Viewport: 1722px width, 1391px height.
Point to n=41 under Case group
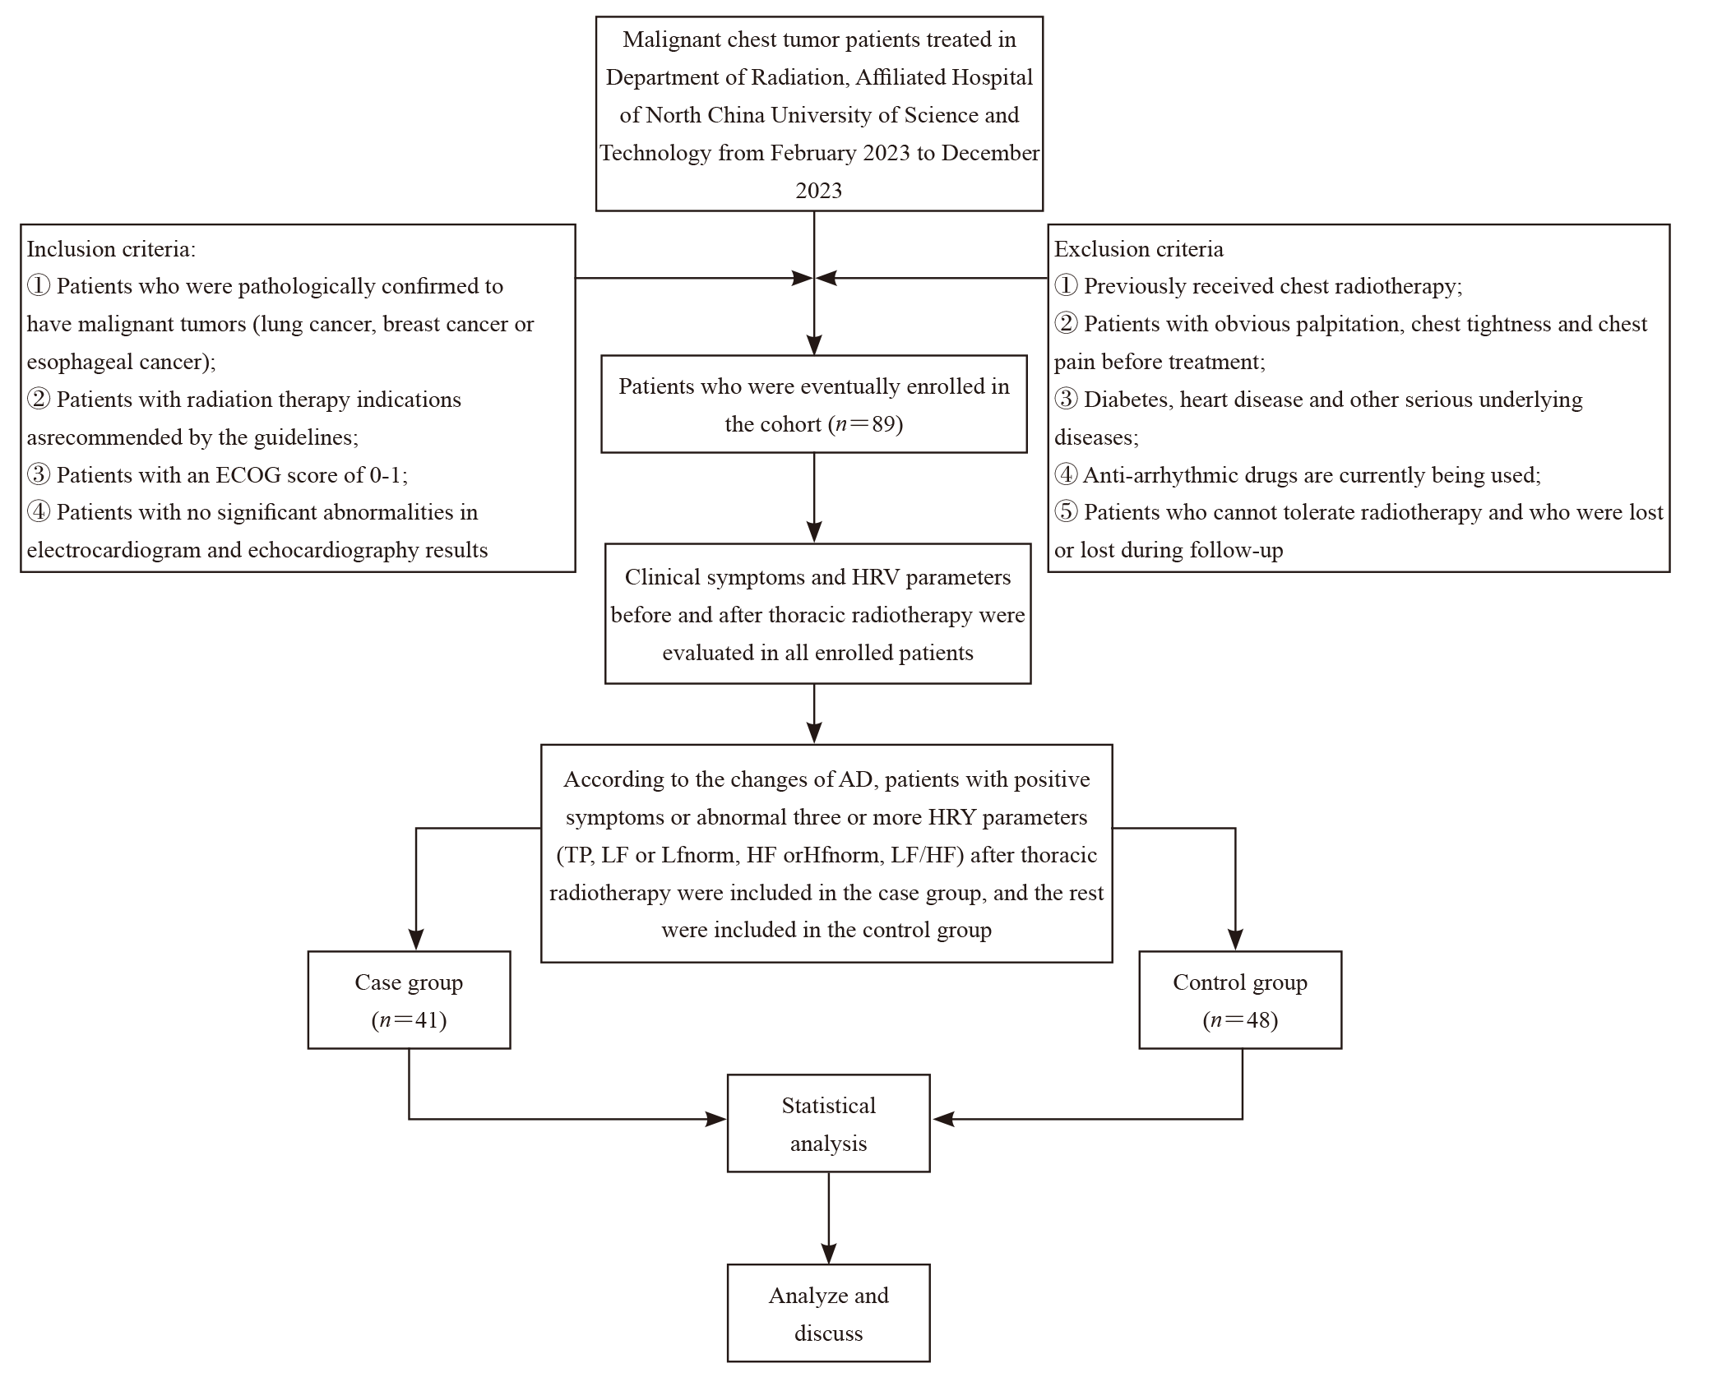pos(409,1020)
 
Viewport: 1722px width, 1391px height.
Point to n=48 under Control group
pos(1240,1020)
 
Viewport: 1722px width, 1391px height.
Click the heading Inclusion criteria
pos(111,249)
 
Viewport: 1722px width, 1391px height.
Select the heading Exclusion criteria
pos(1139,249)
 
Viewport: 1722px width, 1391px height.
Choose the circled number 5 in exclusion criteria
pos(1066,512)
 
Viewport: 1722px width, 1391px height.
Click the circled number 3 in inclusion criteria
pos(38,475)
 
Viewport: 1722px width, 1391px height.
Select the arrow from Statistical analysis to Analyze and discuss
pos(829,1218)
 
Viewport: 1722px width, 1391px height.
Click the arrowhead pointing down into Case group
pos(416,940)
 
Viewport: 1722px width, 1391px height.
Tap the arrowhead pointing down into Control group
pos(1235,940)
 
